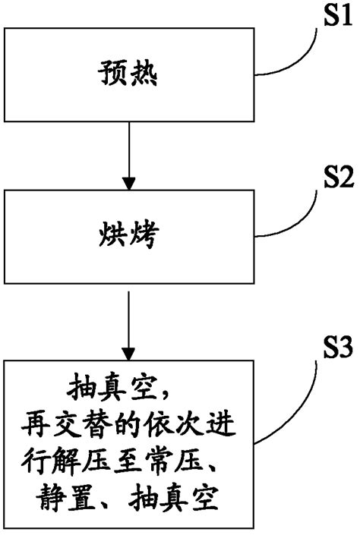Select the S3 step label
pyautogui.click(x=338, y=348)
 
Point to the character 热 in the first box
pyautogui.click(x=144, y=73)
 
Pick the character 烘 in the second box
pyautogui.click(x=112, y=235)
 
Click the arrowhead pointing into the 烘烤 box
pyautogui.click(x=129, y=184)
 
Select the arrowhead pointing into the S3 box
pyautogui.click(x=128, y=354)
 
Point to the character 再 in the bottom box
pyautogui.click(x=35, y=426)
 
